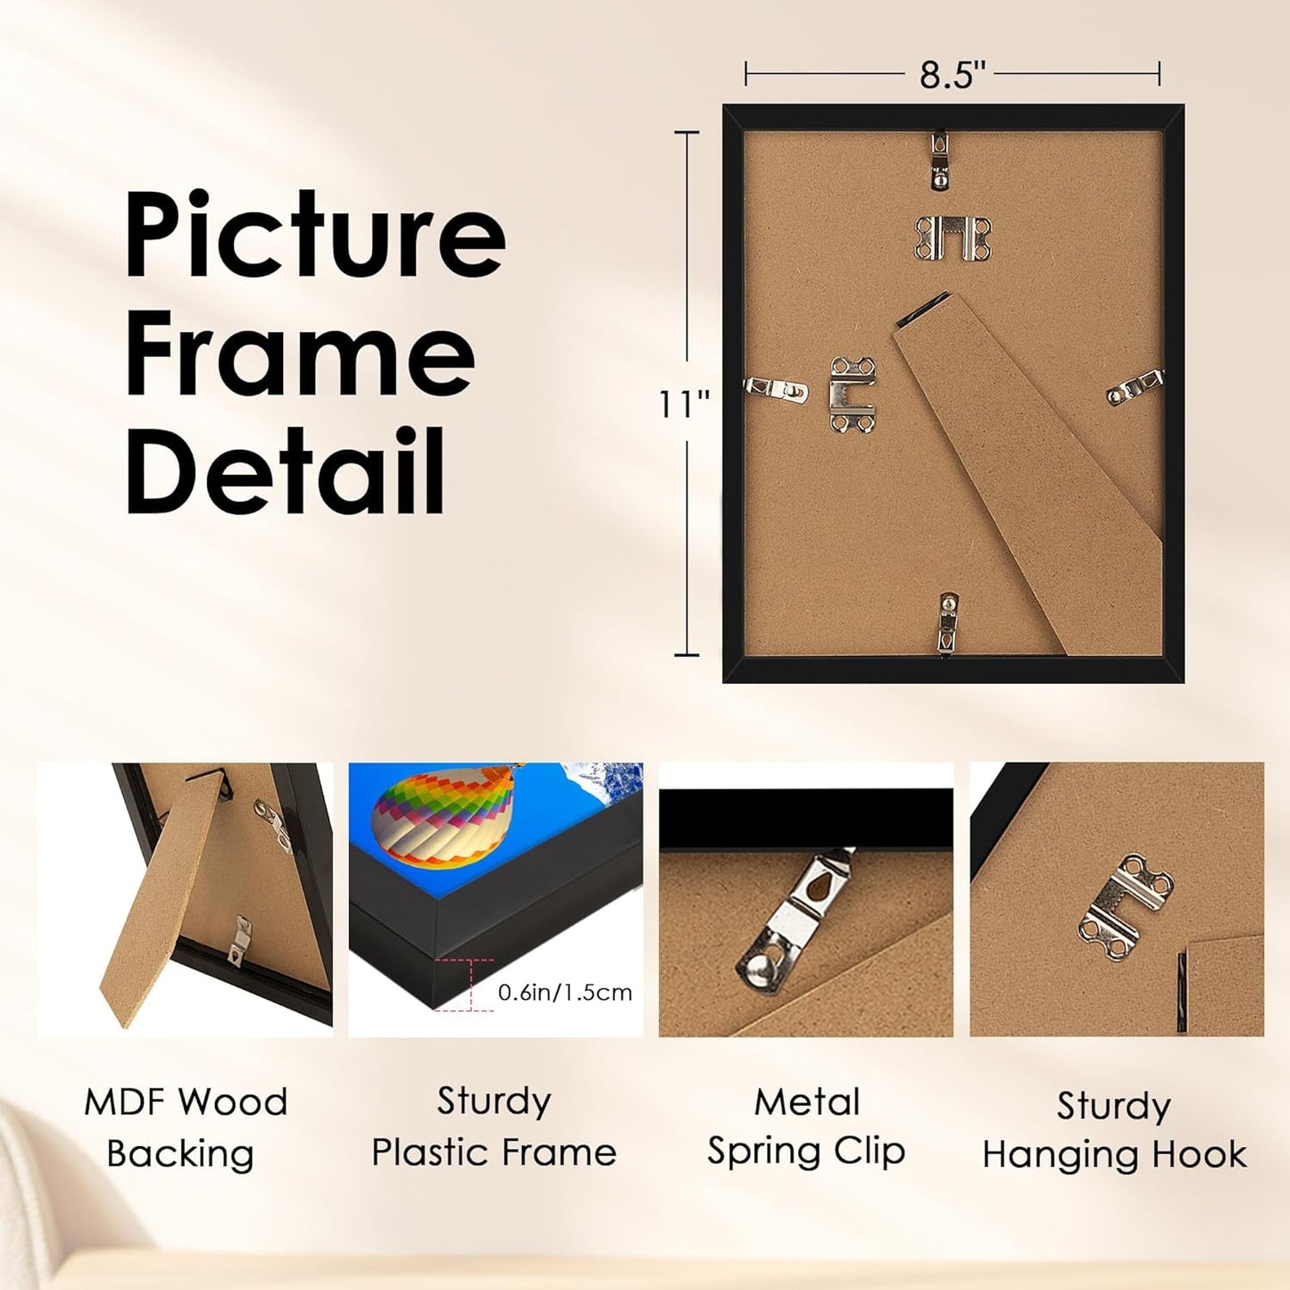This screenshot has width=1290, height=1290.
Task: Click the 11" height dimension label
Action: [684, 404]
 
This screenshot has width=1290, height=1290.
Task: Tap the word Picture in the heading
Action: [315, 235]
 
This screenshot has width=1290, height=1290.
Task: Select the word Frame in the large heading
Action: [300, 354]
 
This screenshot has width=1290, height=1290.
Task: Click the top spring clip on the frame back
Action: [939, 161]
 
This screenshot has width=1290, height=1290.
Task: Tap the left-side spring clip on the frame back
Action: [776, 388]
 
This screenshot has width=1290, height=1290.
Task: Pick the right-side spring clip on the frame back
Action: [1135, 388]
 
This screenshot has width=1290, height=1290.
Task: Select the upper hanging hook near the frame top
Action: [953, 238]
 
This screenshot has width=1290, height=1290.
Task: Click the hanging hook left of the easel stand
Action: [852, 394]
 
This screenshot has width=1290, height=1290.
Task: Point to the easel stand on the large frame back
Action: [1027, 464]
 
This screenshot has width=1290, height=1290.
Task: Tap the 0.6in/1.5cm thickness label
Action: [565, 992]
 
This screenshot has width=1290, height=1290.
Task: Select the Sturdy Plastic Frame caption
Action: [494, 1126]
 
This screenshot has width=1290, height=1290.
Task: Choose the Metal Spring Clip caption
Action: [806, 1126]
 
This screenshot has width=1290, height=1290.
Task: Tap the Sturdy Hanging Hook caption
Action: [1114, 1129]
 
